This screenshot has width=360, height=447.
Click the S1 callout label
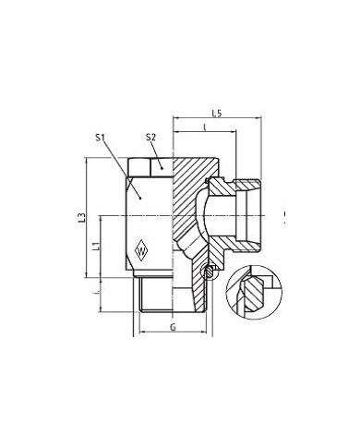click(x=102, y=139)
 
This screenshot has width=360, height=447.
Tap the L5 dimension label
click(x=214, y=114)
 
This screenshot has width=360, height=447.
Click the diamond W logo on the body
click(x=143, y=247)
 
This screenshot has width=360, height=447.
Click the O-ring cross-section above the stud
click(x=210, y=272)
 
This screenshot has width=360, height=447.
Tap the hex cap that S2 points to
click(x=149, y=167)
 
